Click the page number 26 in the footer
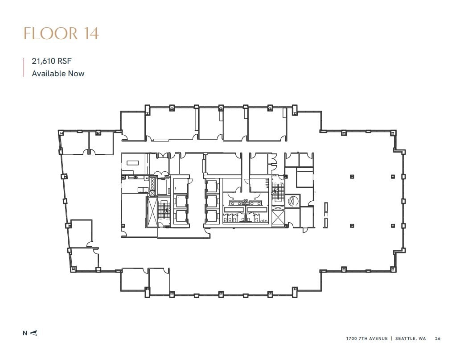click(438, 339)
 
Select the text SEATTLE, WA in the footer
click(410, 339)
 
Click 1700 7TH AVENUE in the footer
click(366, 339)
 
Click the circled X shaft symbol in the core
click(292, 201)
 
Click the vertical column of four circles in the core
click(152, 186)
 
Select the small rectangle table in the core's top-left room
click(132, 163)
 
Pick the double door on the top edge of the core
click(162, 156)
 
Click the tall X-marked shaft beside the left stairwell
click(152, 212)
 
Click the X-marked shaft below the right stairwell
click(277, 218)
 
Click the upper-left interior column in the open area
click(352, 177)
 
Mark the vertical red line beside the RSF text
click(24, 67)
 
